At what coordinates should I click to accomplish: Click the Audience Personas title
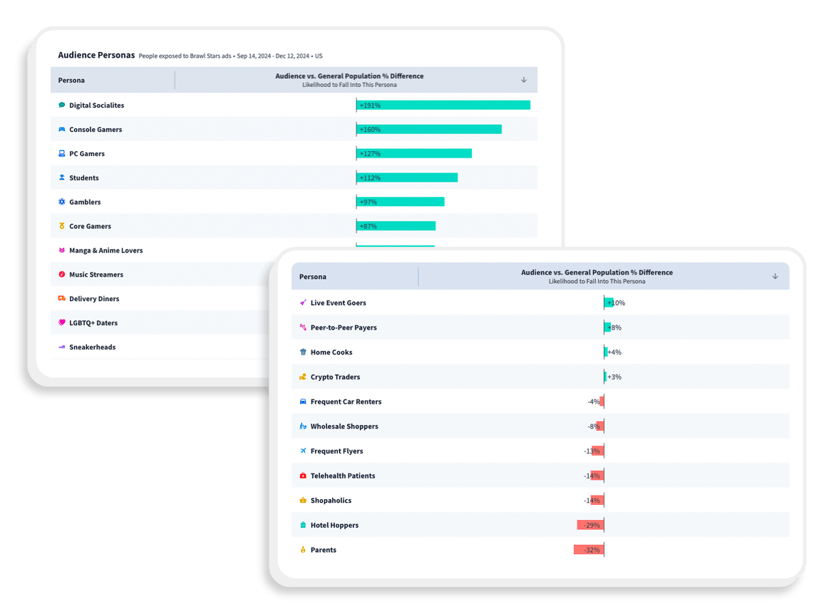click(96, 55)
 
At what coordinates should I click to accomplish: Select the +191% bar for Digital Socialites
click(443, 105)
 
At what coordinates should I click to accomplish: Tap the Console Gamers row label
click(96, 130)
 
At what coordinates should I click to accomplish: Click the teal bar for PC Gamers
click(413, 153)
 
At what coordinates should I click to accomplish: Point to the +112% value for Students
click(370, 178)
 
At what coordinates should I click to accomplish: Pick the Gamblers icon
click(62, 202)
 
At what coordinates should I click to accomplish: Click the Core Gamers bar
click(396, 226)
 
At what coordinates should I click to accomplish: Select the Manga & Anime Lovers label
click(105, 250)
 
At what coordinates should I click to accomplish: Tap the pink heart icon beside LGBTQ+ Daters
click(62, 322)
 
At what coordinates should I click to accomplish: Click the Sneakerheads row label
click(92, 347)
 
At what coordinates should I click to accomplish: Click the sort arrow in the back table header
click(524, 80)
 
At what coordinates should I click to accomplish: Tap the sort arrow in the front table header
click(776, 276)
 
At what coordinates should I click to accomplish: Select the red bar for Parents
click(589, 550)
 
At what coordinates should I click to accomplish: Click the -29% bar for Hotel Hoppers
click(590, 525)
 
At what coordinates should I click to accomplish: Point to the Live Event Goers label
click(338, 303)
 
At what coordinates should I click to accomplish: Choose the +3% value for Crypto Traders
click(614, 377)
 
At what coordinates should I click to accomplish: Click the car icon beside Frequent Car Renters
click(303, 401)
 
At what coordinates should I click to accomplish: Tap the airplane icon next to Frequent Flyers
click(303, 451)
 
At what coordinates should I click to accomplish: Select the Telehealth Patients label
click(342, 476)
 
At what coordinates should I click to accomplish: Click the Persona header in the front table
click(313, 277)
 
